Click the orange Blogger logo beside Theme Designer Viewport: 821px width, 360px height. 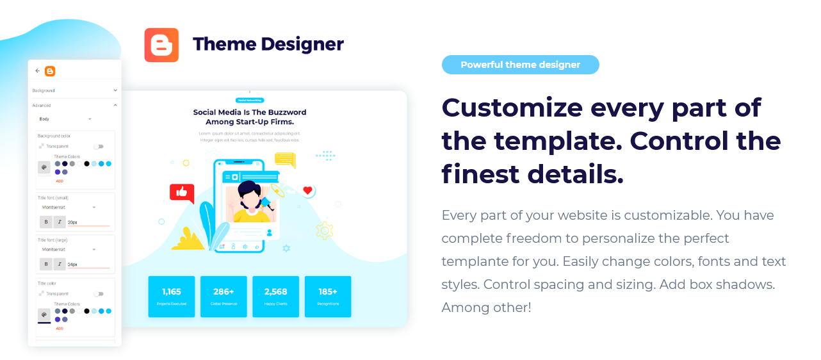(x=161, y=45)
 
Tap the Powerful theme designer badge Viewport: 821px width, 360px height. (x=520, y=65)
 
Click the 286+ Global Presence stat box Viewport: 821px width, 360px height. (x=224, y=297)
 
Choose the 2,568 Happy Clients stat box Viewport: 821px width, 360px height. (x=276, y=297)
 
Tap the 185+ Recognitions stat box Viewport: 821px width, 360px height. (x=328, y=297)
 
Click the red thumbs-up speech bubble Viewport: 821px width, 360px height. (x=182, y=192)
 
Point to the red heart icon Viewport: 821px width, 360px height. (x=307, y=190)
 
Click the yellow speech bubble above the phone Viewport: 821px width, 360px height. (x=285, y=160)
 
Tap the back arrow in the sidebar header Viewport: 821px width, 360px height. (x=38, y=71)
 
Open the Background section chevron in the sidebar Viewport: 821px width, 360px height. (x=115, y=90)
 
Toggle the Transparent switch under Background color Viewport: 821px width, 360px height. (x=98, y=147)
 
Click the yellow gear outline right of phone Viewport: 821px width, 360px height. (x=325, y=230)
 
